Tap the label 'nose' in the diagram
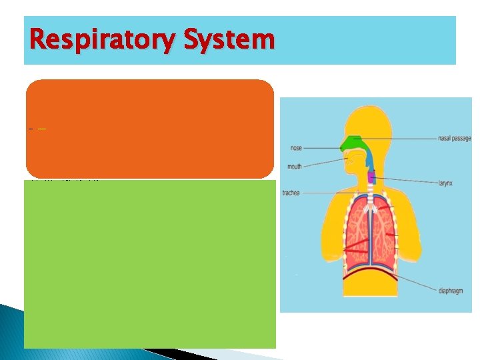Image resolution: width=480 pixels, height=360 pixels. pos(295,148)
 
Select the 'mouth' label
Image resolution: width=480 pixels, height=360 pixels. pos(294,167)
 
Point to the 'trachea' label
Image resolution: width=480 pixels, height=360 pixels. pos(291,193)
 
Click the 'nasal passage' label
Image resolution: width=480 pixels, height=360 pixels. pos(454,139)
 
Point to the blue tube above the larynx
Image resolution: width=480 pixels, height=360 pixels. pos(368,164)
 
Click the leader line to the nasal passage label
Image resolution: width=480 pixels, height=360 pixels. pos(400,139)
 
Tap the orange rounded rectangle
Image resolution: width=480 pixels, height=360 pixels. pos(149,128)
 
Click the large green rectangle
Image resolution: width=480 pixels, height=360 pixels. pos(149,264)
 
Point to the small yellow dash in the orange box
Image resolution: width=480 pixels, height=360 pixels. pos(41,128)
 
